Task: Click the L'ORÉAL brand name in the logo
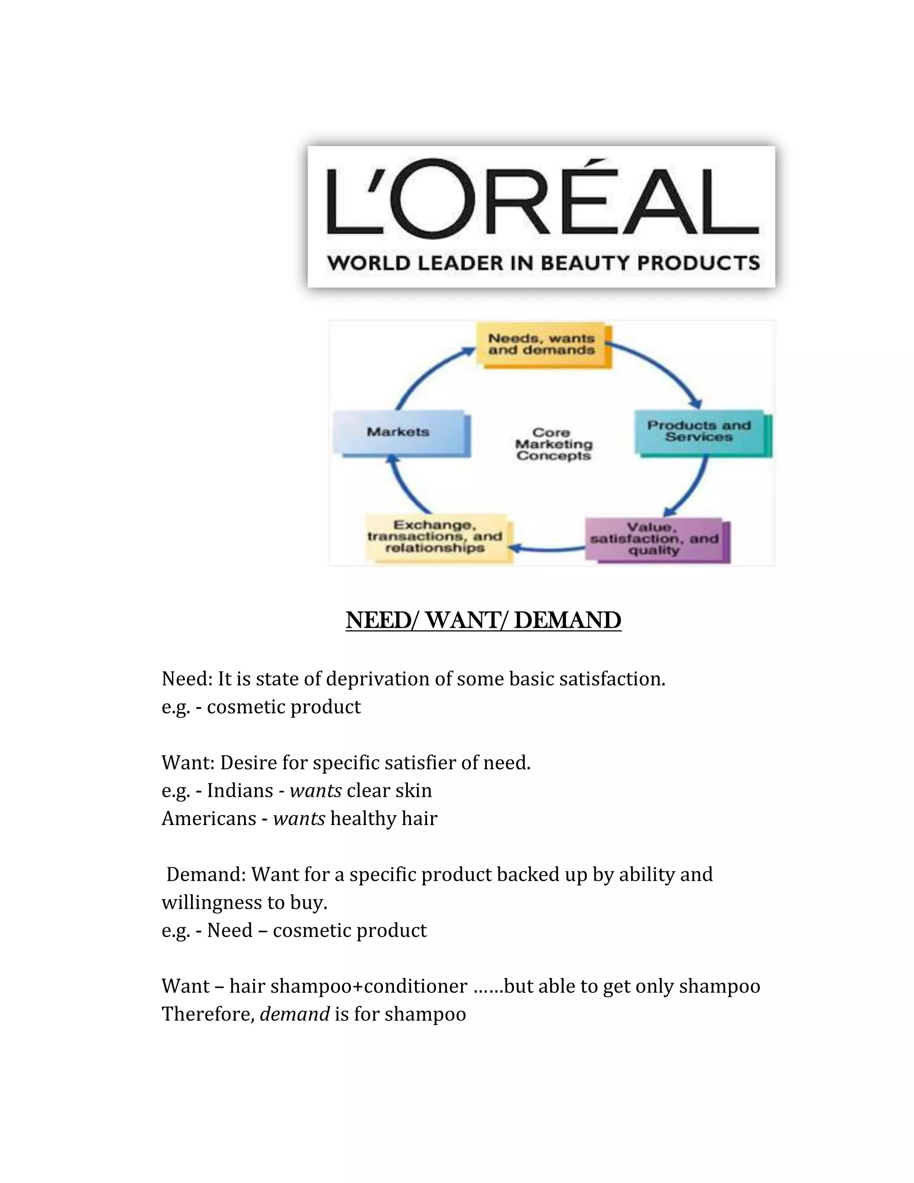[x=541, y=199]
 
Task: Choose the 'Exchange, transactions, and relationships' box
[x=435, y=536]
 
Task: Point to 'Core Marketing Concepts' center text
[x=553, y=444]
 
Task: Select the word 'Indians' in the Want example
[x=239, y=791]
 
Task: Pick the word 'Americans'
[x=208, y=818]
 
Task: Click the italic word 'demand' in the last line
[x=295, y=1014]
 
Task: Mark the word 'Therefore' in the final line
[x=208, y=1014]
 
